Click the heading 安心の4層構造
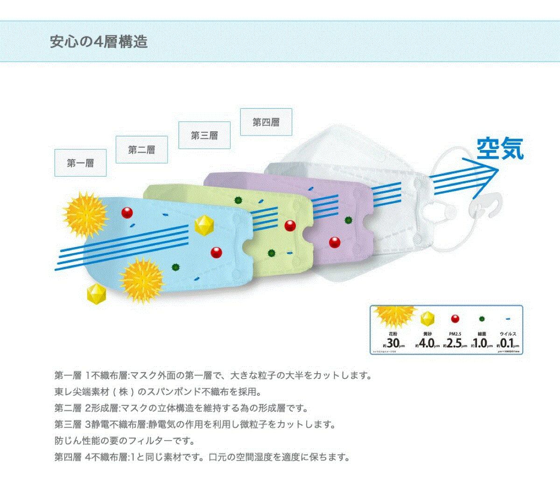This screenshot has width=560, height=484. click(98, 42)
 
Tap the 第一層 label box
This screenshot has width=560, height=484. click(80, 163)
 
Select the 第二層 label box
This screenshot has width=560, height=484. click(141, 150)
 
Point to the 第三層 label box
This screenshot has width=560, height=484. click(204, 135)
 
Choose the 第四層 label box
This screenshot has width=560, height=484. click(266, 122)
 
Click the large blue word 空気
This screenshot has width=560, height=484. click(500, 149)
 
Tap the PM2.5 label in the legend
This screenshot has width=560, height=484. click(455, 334)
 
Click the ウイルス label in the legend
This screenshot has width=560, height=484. click(508, 334)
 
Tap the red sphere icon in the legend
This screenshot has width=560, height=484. click(455, 319)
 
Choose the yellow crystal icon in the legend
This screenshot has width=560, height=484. click(427, 319)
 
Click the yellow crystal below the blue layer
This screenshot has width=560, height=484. click(97, 293)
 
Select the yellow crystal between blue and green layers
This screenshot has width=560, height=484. click(204, 225)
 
